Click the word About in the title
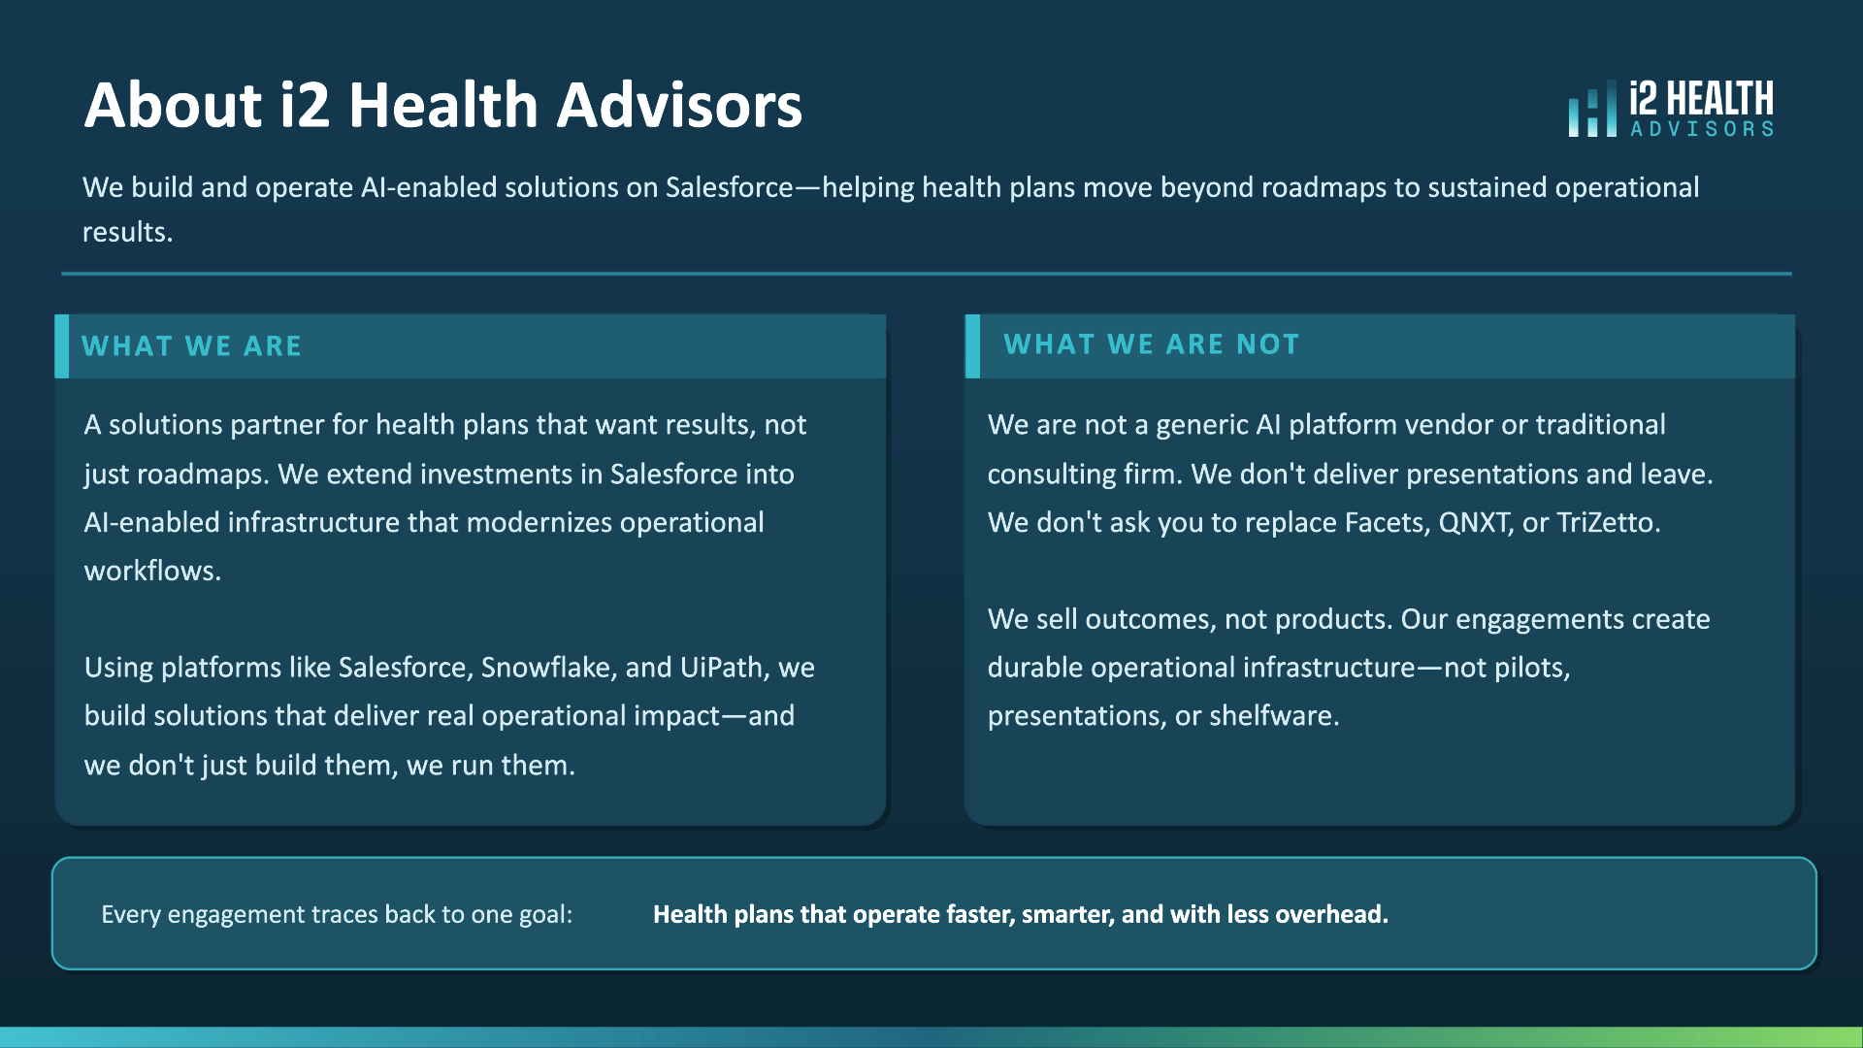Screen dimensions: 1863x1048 click(173, 105)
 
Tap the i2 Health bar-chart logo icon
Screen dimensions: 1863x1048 click(1592, 108)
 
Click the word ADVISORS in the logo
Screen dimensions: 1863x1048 click(1702, 129)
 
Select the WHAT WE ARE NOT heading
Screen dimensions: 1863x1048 click(1151, 344)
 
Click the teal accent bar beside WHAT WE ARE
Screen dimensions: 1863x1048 click(62, 345)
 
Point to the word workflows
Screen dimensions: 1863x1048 click(152, 571)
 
